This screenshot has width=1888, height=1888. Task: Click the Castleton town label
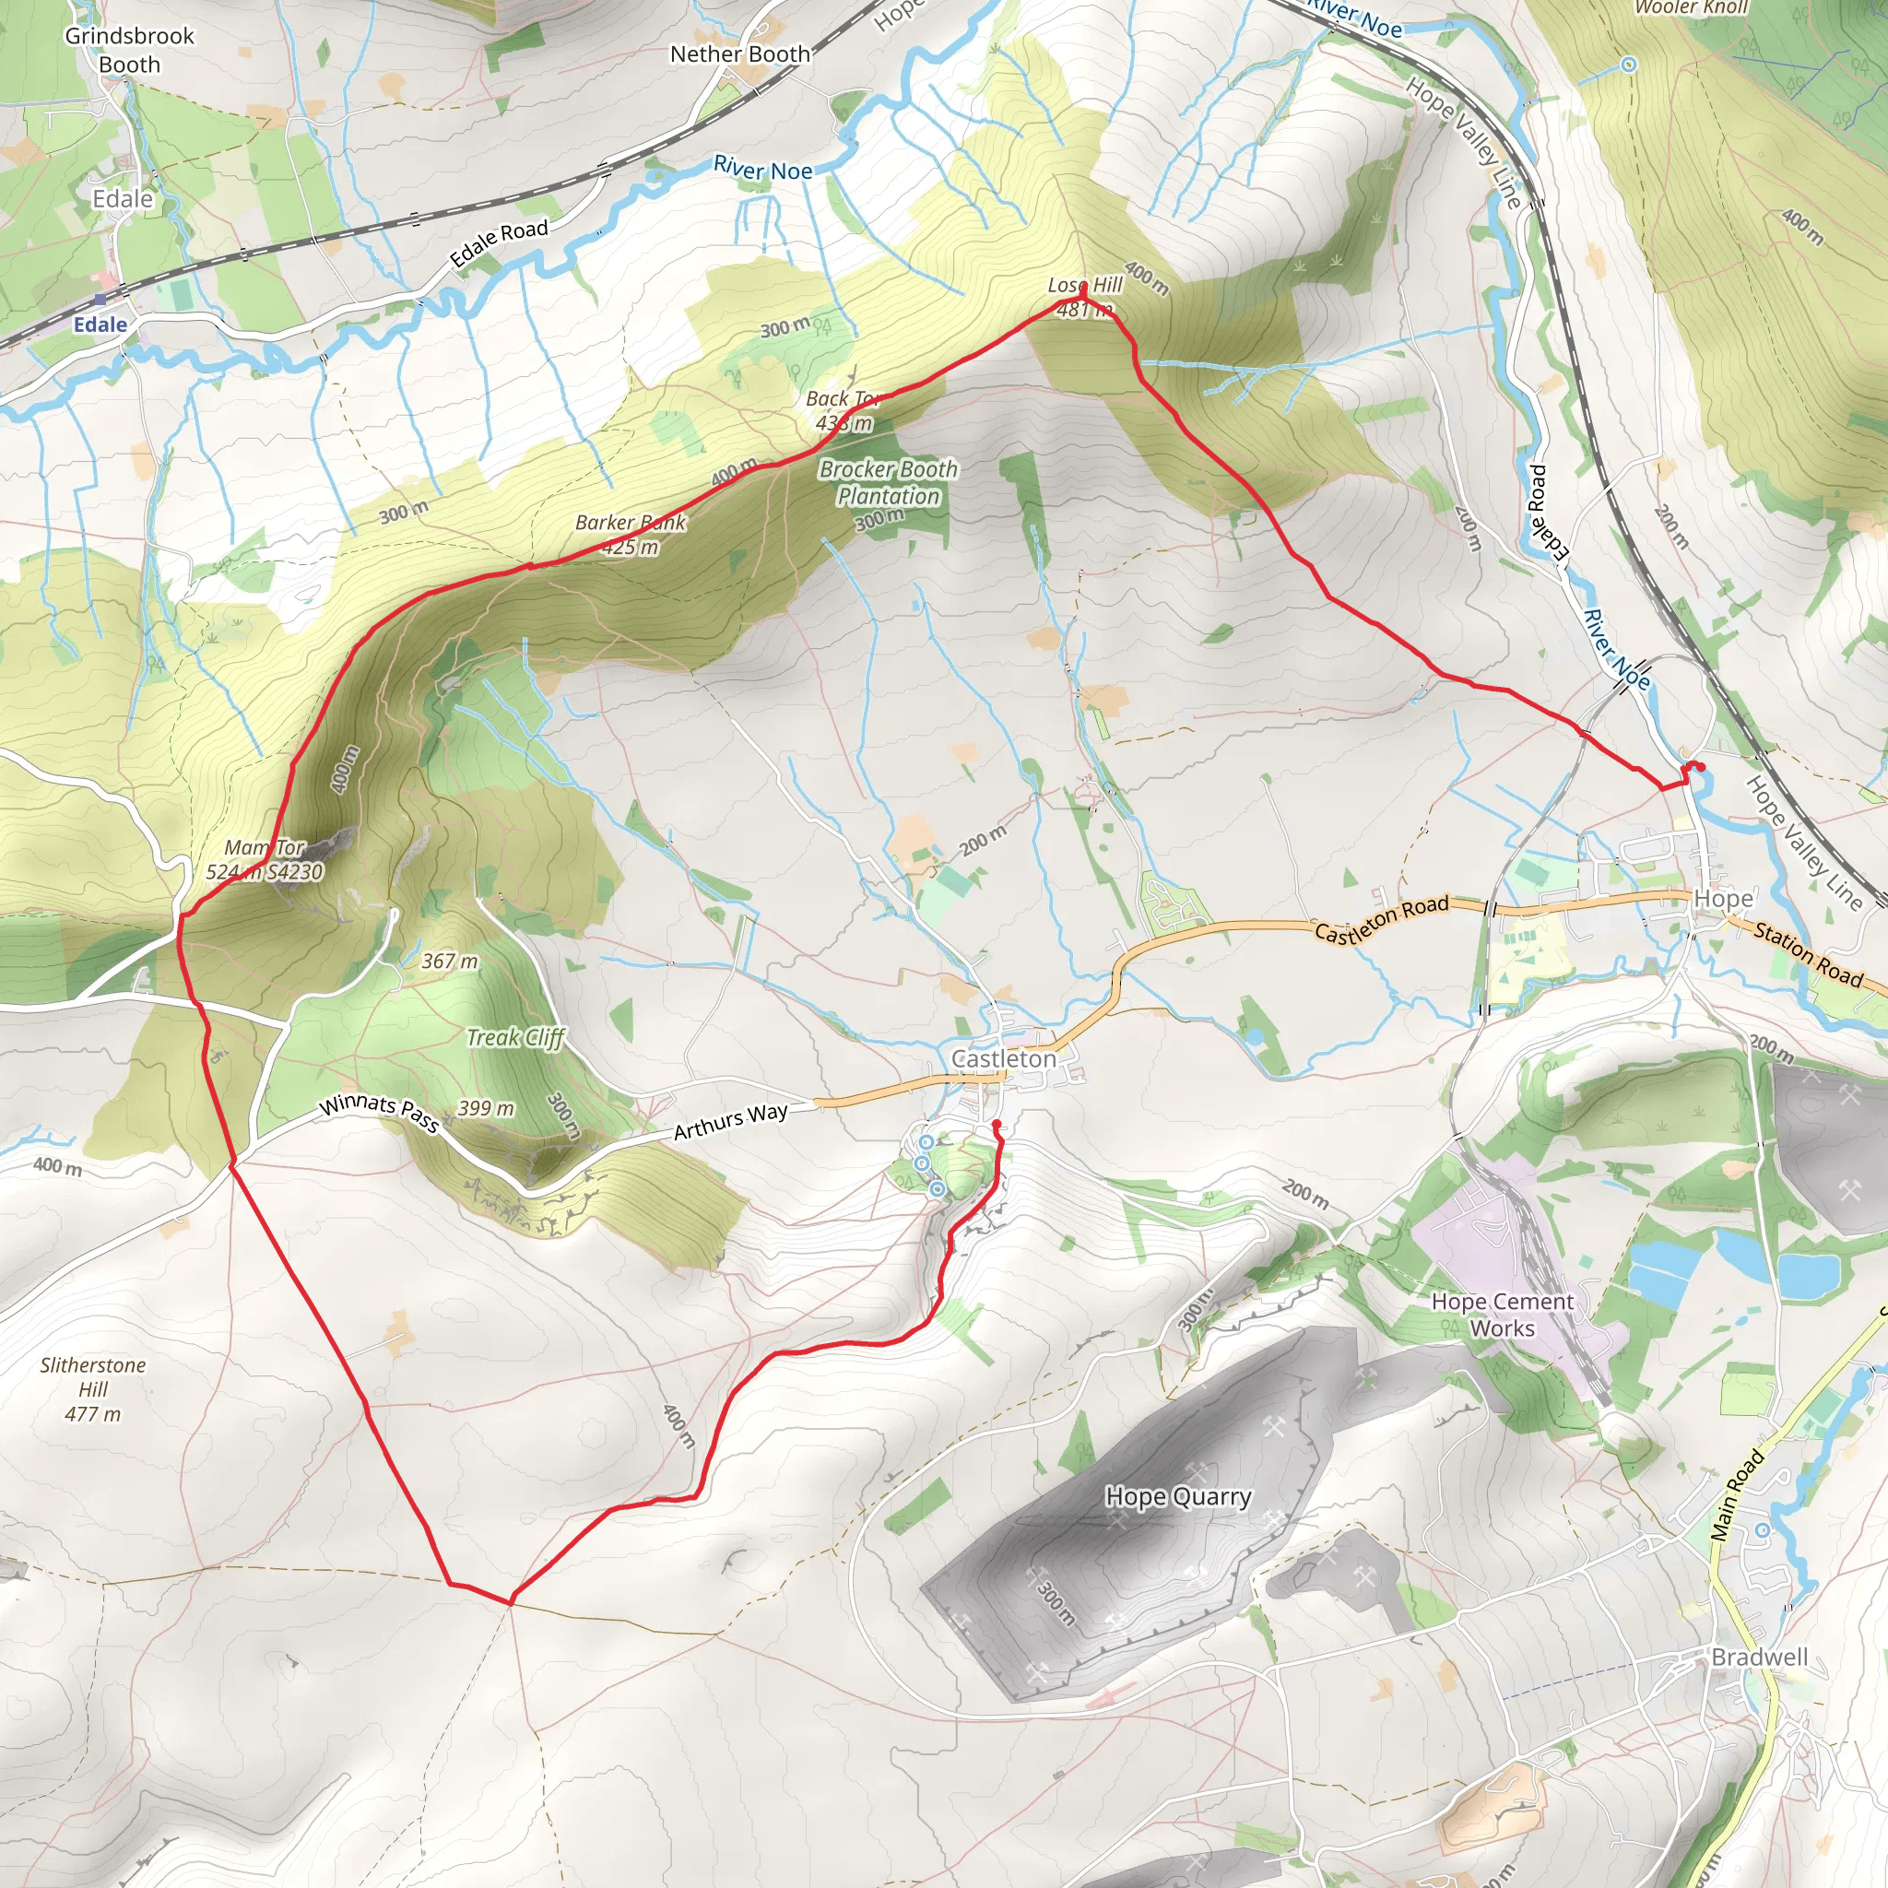(x=1004, y=1058)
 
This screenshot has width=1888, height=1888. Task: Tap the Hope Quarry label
(x=1177, y=1496)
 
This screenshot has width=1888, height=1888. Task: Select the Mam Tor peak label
(x=265, y=847)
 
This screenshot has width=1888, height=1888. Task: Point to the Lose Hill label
(x=1085, y=284)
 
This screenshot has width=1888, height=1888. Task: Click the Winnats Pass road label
(x=379, y=1112)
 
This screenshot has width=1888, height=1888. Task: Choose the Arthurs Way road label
(x=730, y=1120)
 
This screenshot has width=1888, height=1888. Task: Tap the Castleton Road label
(x=1380, y=919)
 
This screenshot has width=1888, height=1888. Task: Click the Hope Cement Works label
(x=1502, y=1315)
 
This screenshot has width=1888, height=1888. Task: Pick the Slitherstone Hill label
(x=93, y=1388)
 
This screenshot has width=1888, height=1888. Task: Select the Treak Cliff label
(x=515, y=1037)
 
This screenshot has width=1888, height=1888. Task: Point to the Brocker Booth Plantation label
(x=889, y=482)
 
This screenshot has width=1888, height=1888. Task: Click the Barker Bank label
(x=631, y=523)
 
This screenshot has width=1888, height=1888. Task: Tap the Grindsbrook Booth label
(x=129, y=50)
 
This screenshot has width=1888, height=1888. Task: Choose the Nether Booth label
(x=739, y=54)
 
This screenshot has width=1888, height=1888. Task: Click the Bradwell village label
(x=1759, y=1657)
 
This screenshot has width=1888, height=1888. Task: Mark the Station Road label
(x=1808, y=954)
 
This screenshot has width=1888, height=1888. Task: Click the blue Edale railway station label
(x=100, y=324)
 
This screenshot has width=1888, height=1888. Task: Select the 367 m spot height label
(x=450, y=962)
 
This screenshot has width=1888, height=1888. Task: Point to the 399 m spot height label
(x=486, y=1108)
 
